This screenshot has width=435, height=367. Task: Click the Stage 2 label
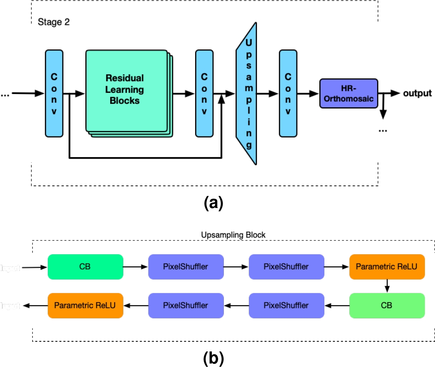(x=53, y=22)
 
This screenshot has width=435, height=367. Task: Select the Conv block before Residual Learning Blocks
(x=54, y=93)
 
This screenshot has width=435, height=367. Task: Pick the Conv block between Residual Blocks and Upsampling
(x=204, y=93)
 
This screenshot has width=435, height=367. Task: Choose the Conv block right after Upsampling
(x=288, y=93)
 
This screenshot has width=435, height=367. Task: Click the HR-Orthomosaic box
(x=348, y=93)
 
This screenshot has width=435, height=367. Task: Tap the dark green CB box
(x=85, y=267)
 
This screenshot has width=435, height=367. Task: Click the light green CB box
(x=387, y=305)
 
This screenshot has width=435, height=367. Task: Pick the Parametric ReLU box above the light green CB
(x=387, y=267)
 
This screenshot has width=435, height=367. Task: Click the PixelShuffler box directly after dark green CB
(x=186, y=267)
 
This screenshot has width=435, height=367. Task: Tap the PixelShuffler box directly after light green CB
(x=286, y=305)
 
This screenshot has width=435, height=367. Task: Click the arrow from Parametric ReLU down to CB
(x=387, y=286)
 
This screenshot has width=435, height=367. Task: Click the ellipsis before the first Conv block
(x=5, y=94)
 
